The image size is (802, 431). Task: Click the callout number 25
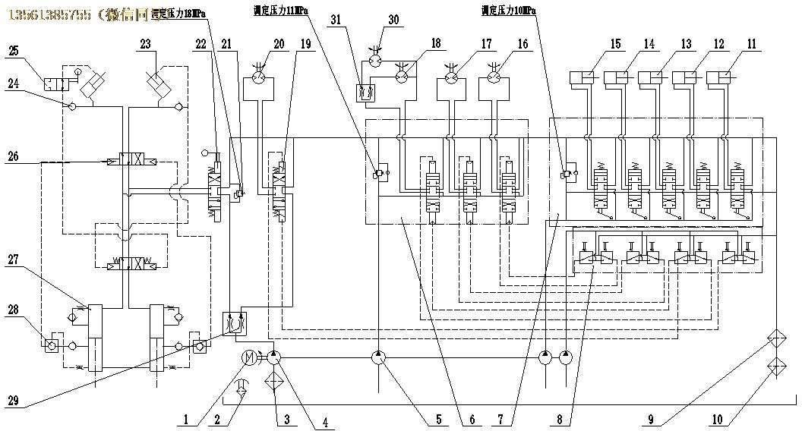14,51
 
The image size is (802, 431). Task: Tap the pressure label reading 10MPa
508,11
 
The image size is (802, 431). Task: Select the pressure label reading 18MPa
178,13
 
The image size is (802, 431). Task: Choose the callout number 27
14,260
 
